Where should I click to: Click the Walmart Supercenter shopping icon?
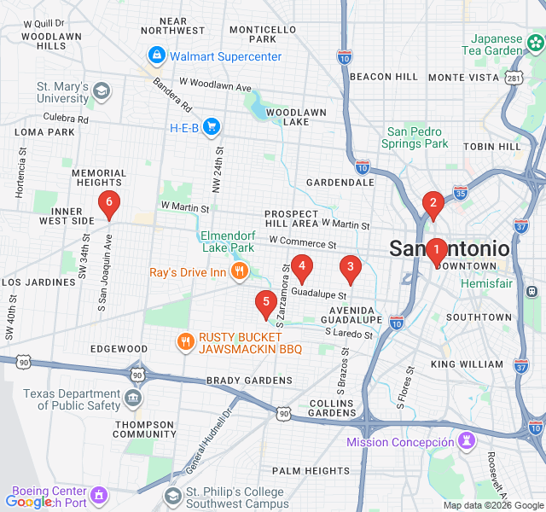(x=157, y=57)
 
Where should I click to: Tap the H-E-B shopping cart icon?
(x=212, y=128)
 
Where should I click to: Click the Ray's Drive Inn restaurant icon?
(x=239, y=272)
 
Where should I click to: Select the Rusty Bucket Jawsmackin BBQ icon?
(x=185, y=342)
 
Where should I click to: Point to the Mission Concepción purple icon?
(x=466, y=441)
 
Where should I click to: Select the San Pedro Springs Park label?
(x=417, y=137)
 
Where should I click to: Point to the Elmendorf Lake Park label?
(x=228, y=241)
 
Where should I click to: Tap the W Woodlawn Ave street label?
(x=215, y=87)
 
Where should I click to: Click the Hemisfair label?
(x=487, y=282)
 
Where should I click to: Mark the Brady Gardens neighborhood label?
(x=249, y=380)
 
